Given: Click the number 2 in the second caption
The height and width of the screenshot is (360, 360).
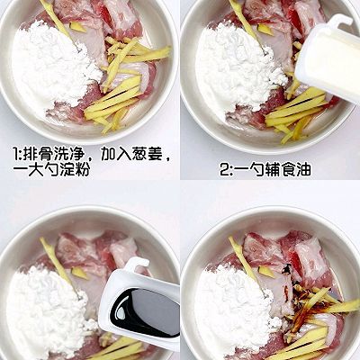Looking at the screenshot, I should click(224, 168).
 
